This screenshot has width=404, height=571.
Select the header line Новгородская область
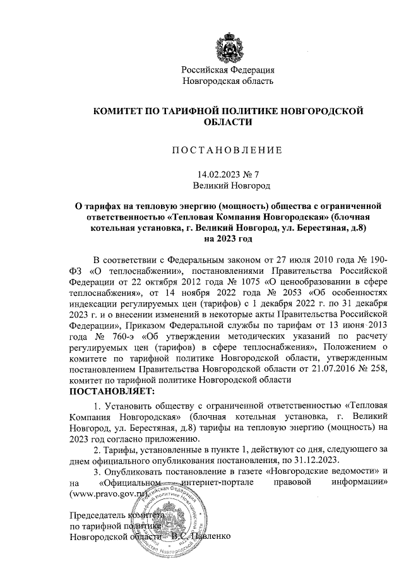228,81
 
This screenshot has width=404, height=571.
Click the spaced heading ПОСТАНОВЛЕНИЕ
227,151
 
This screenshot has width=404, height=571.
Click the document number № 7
258,174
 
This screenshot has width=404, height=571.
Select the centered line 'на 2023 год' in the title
228,239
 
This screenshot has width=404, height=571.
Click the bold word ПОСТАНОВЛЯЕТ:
110,391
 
